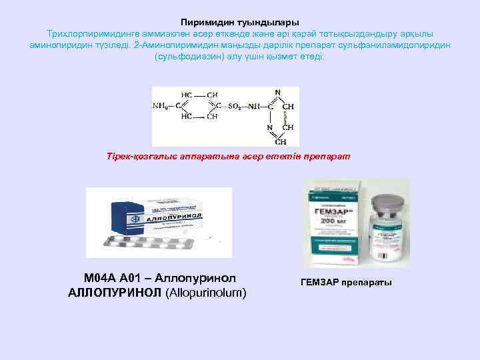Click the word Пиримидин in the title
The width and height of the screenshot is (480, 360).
[x=205, y=22]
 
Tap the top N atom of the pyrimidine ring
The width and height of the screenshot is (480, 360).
[x=277, y=92]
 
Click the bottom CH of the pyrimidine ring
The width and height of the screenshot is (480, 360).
[x=281, y=141]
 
